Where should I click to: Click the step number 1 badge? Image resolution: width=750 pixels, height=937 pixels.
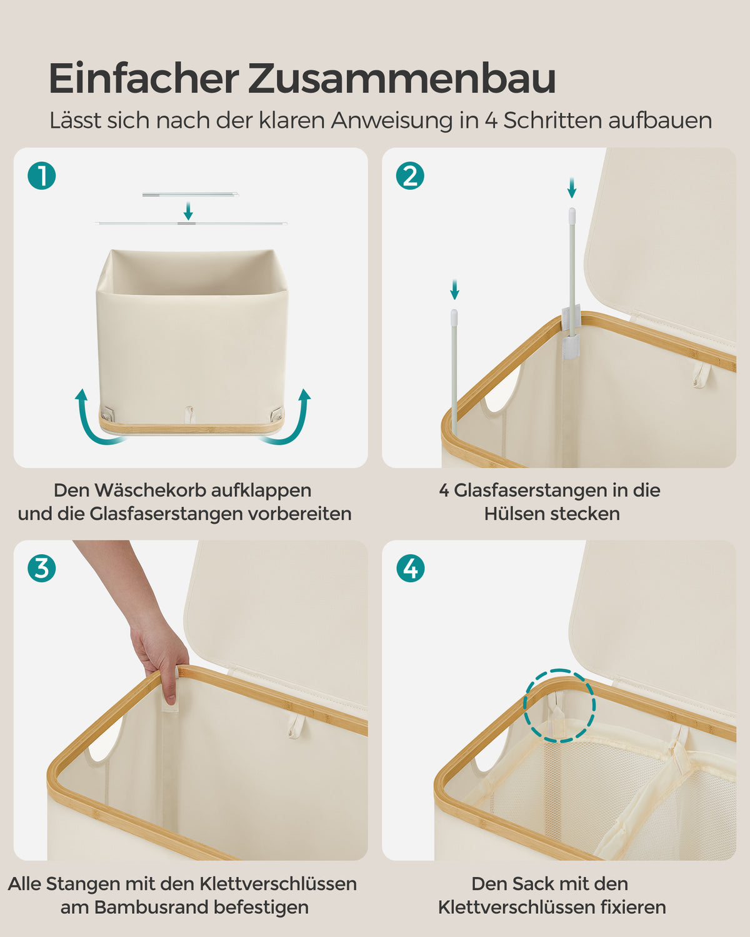[x=42, y=176]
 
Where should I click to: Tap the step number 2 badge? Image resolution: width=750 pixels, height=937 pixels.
[x=410, y=176]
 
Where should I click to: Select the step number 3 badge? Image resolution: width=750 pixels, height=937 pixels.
[x=42, y=568]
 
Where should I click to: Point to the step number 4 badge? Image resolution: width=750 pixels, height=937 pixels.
[x=410, y=568]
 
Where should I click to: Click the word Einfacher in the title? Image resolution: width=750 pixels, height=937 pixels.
[x=144, y=79]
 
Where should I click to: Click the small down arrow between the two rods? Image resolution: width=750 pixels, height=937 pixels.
[x=188, y=211]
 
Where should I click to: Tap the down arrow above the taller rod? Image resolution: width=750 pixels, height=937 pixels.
[x=572, y=187]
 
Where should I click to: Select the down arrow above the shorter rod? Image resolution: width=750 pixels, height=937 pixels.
[x=454, y=290]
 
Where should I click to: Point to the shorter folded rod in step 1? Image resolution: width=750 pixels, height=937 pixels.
[x=191, y=195]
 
